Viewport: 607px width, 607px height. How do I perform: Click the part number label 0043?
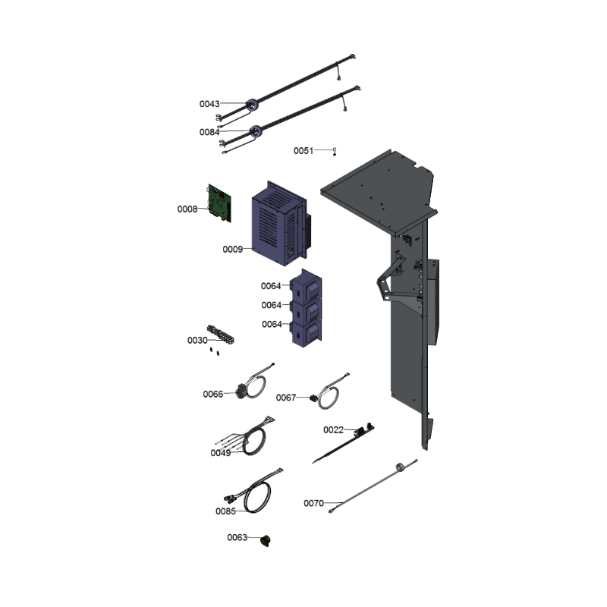[209, 104]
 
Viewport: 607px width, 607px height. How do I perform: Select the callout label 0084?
[209, 132]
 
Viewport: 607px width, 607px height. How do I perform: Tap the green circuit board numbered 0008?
[219, 203]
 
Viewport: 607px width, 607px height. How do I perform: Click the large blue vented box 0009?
[279, 223]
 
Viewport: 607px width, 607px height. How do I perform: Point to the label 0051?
[303, 150]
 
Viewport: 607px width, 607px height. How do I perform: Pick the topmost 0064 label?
[271, 286]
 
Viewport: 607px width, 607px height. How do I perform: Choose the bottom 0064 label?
[272, 324]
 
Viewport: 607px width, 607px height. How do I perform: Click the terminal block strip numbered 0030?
[221, 335]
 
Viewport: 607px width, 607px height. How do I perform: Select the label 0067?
[286, 398]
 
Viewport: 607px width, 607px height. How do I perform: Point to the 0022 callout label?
[333, 429]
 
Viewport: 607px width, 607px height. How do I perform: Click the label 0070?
[313, 503]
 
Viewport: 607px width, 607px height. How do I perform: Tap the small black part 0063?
[265, 540]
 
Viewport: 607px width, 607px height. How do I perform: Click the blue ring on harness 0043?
[253, 105]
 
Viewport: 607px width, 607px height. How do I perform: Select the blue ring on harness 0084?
[256, 131]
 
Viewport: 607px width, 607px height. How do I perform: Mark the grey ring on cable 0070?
[401, 467]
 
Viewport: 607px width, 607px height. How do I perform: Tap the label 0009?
[233, 249]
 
